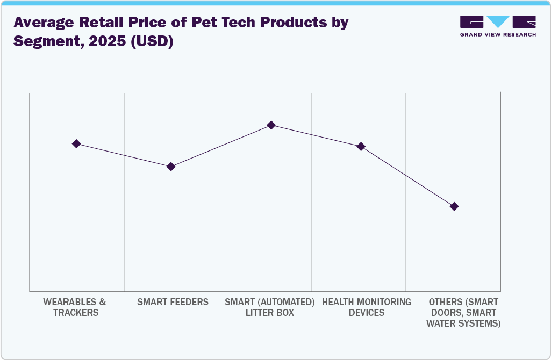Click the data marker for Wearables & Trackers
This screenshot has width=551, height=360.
[x=76, y=143]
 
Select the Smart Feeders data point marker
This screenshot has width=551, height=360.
[x=170, y=167]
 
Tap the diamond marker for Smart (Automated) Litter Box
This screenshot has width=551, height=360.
[x=271, y=125]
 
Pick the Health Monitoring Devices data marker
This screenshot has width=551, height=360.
[x=361, y=146]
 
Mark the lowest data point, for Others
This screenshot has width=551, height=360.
[x=454, y=206]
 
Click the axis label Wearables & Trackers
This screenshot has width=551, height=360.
[x=76, y=307]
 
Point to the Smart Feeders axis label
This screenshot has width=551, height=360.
[x=173, y=302]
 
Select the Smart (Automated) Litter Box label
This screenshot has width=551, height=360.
[x=270, y=307]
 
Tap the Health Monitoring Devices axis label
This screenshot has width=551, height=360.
[x=367, y=307]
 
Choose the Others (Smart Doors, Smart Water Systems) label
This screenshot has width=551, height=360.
[x=463, y=312]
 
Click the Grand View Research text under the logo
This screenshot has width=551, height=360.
[x=498, y=34]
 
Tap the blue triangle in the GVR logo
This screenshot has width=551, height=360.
[x=498, y=21]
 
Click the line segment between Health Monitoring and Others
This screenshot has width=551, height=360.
[x=407, y=176]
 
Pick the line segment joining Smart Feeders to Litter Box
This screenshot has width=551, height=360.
[x=221, y=146]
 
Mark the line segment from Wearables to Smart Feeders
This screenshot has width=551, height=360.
[x=124, y=155]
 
